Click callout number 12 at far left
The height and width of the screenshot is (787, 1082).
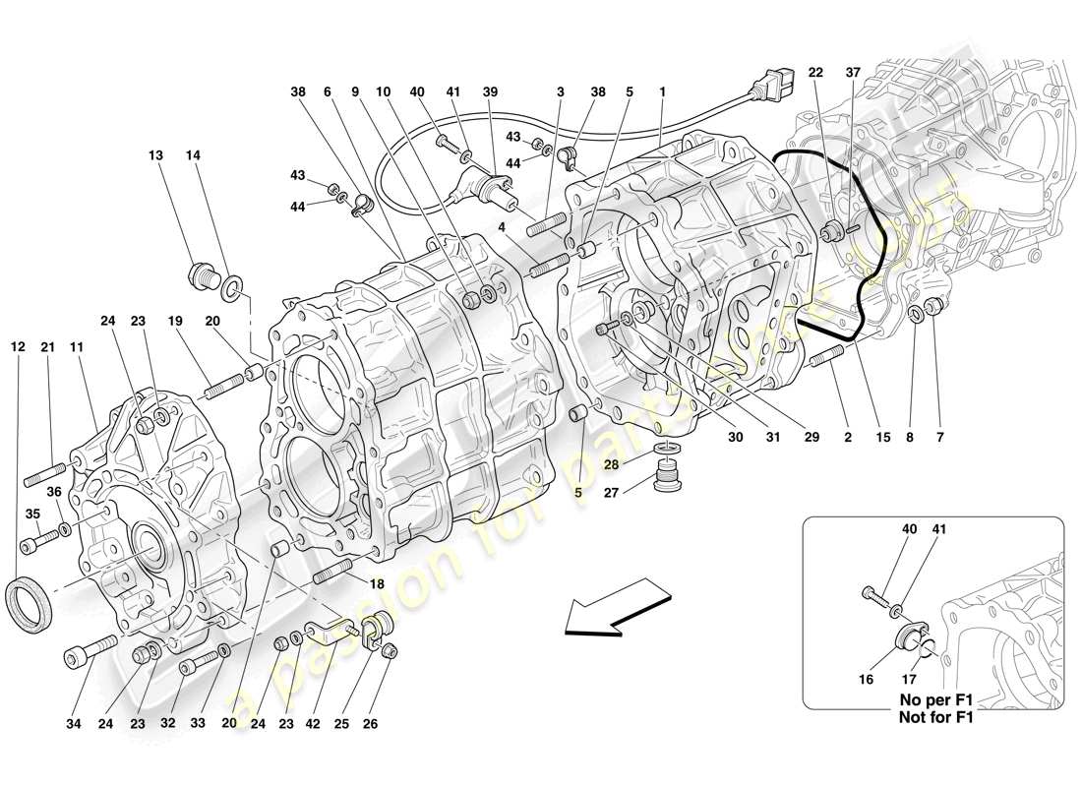[18, 346]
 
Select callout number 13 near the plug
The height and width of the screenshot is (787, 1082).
[156, 155]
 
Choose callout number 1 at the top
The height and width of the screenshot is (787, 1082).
[663, 91]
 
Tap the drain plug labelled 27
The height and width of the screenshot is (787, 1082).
[667, 481]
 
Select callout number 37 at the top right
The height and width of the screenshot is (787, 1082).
[853, 73]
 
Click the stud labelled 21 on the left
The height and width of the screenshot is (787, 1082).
[44, 480]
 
